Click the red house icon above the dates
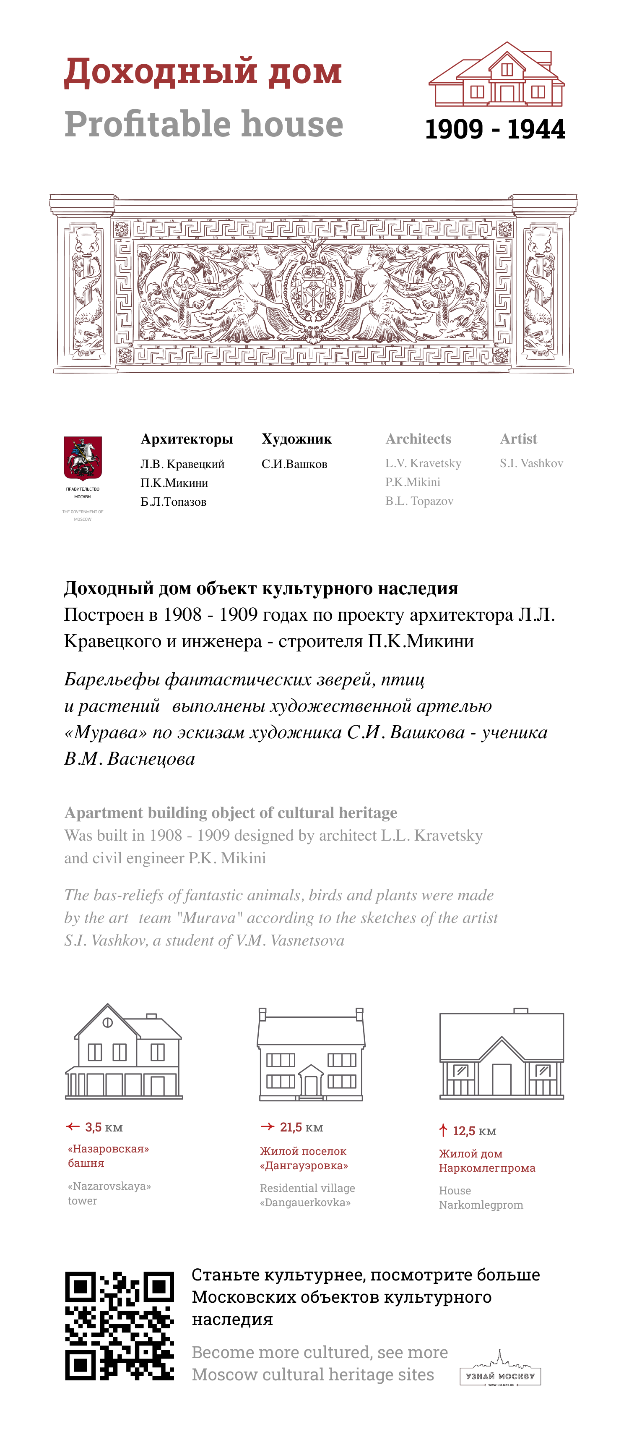click(x=496, y=75)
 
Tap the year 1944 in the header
click(x=536, y=130)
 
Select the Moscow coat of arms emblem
click(x=83, y=458)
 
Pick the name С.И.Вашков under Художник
click(x=294, y=464)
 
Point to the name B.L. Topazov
click(x=419, y=501)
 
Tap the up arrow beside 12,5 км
click(x=443, y=1130)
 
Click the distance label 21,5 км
click(x=301, y=1127)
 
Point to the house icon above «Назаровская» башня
click(x=124, y=1052)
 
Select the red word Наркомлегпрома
click(x=486, y=1168)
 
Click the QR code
click(x=120, y=1325)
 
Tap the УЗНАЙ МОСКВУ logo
click(x=500, y=1372)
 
